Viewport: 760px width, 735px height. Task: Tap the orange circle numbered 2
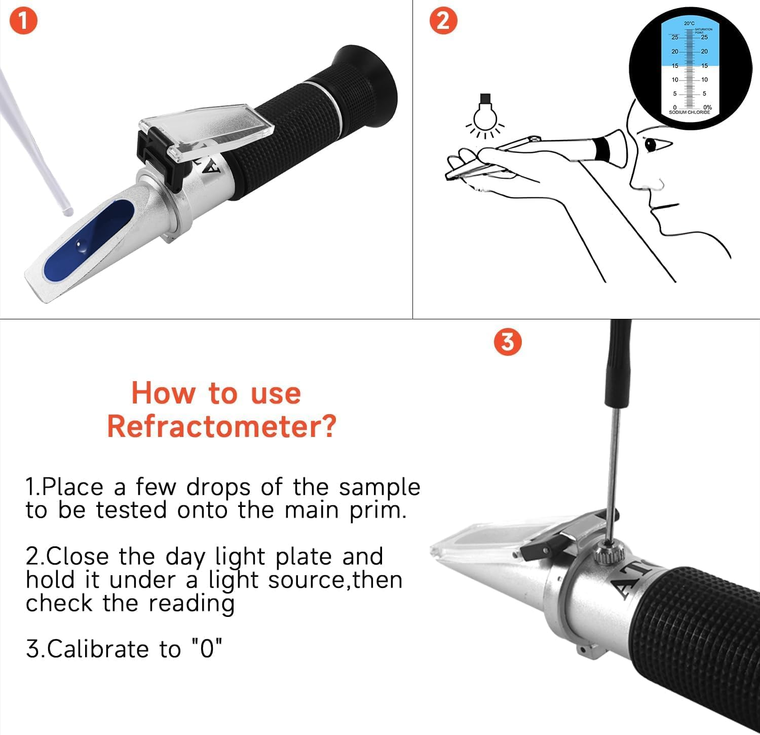click(443, 22)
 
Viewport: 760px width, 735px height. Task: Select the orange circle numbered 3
click(507, 343)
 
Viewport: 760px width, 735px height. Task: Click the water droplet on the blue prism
click(82, 246)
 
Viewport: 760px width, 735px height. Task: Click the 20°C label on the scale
click(689, 23)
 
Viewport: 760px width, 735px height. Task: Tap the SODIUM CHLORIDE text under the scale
click(689, 112)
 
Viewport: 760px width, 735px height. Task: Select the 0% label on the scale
click(707, 107)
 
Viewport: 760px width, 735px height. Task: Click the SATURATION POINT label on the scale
click(704, 31)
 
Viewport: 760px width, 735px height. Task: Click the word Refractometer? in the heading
click(221, 426)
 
